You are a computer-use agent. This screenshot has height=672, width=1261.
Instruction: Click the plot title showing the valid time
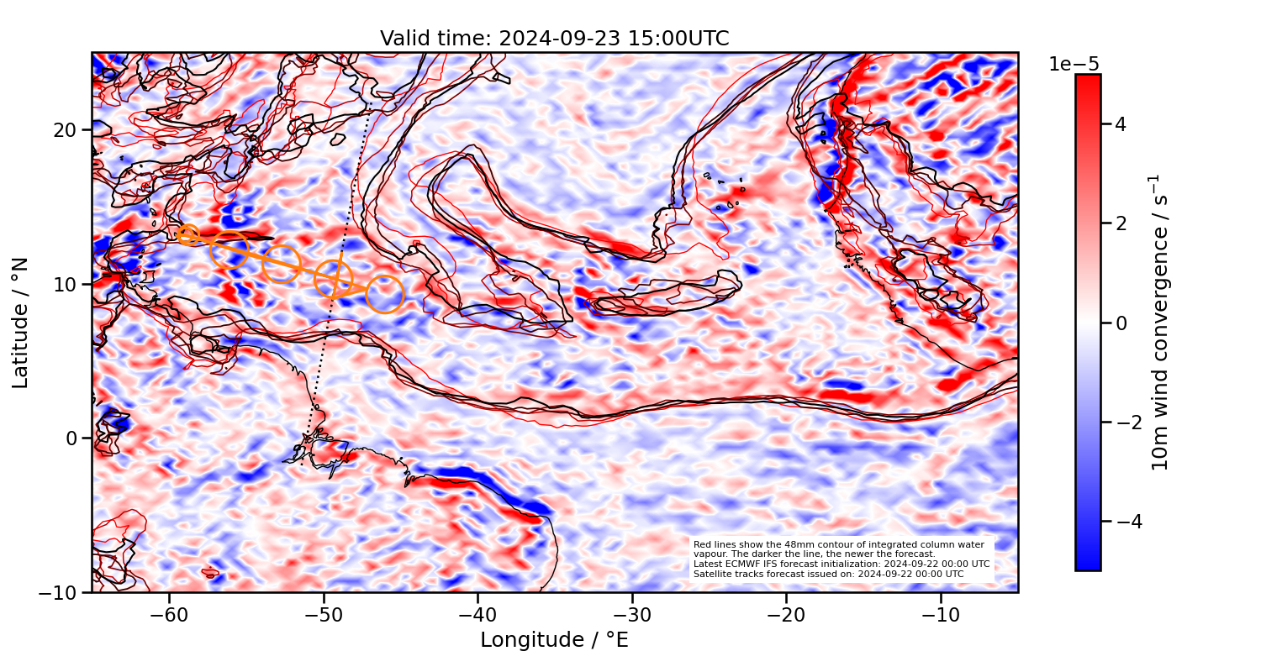tap(554, 39)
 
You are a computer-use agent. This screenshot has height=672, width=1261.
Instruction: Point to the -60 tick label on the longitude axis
tap(169, 614)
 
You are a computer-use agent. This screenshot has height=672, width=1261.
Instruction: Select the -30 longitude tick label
tap(631, 614)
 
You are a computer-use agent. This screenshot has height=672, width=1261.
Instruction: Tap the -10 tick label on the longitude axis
tap(940, 614)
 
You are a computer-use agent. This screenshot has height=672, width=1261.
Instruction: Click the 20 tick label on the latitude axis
tap(69, 130)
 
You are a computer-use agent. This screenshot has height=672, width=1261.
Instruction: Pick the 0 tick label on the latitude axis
tap(74, 438)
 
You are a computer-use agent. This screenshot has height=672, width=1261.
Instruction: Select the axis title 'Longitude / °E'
tap(554, 640)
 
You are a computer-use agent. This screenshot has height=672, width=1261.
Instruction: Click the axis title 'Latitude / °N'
tap(21, 323)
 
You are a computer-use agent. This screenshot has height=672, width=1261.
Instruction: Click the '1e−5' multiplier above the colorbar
tap(1074, 65)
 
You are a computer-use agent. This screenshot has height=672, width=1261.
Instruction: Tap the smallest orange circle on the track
tap(188, 235)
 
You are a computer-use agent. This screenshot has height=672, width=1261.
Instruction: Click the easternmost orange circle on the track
tap(385, 294)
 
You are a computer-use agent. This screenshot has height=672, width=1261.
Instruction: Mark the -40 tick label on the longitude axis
tap(477, 614)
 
